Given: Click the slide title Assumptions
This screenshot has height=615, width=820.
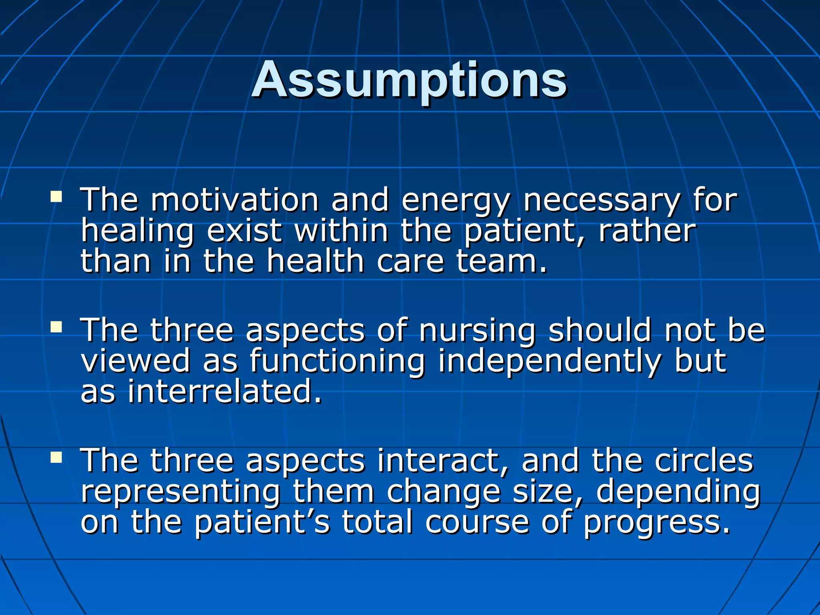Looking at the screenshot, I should click(x=409, y=80).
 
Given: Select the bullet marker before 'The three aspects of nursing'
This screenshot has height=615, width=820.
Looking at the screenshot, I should click(x=56, y=327).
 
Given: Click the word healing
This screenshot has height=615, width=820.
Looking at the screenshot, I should click(x=137, y=232).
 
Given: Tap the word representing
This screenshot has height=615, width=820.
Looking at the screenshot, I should click(x=180, y=493).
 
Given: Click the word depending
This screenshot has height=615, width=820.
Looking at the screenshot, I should click(x=678, y=493).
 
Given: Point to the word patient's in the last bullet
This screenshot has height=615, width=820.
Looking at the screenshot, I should click(x=262, y=523).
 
